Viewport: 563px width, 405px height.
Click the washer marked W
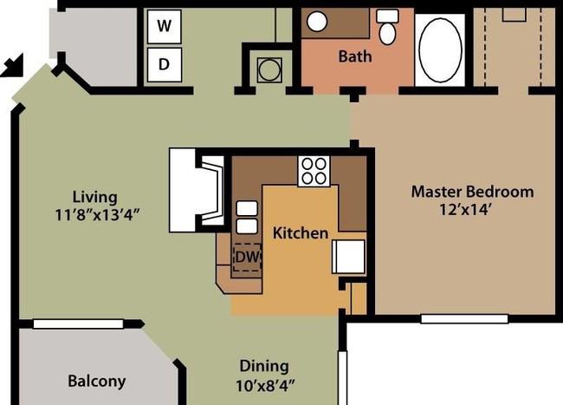(164, 27)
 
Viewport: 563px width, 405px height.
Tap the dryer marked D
(164, 65)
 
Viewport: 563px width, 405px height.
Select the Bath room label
(355, 56)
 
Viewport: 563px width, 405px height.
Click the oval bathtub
(440, 50)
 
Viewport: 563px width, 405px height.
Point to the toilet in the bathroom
(387, 27)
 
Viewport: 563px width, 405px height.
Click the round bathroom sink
(317, 21)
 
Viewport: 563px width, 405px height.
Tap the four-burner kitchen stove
(314, 171)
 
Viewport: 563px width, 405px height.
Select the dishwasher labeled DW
(247, 258)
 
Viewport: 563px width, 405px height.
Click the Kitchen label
(301, 233)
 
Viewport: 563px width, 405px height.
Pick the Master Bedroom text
(472, 192)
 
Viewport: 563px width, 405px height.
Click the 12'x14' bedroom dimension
(465, 210)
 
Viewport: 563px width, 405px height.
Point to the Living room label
(94, 197)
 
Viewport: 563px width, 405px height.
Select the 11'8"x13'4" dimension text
(97, 215)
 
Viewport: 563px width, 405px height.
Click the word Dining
(264, 367)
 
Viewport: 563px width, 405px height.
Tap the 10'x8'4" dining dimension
(265, 386)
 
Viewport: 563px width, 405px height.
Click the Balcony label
(97, 382)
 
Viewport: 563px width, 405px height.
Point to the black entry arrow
(13, 65)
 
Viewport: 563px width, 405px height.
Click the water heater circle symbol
(269, 69)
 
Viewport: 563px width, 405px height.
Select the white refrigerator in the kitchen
(349, 256)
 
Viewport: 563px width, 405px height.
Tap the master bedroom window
(464, 319)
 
